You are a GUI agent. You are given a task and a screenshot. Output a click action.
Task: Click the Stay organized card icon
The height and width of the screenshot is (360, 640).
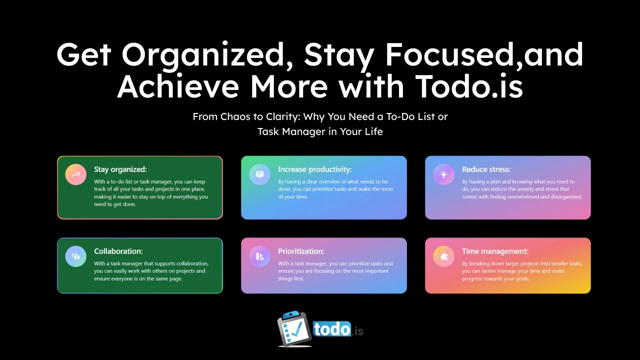(75, 174)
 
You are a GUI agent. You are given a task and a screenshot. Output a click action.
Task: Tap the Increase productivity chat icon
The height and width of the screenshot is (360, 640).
(259, 174)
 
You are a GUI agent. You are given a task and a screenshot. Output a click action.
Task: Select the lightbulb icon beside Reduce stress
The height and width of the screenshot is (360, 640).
(443, 174)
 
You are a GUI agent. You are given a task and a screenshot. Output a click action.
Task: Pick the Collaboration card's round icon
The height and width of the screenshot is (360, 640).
(75, 256)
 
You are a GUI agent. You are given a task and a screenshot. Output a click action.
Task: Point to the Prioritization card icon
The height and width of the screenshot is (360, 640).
(259, 256)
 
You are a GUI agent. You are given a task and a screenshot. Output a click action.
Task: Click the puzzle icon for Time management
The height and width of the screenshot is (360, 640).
(443, 256)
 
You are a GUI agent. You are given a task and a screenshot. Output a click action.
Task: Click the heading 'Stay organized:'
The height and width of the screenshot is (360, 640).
(120, 169)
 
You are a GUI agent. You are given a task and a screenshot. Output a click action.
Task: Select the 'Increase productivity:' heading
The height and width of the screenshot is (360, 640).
(315, 169)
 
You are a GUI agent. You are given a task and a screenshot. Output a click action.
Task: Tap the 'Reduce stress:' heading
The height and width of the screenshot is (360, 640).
(486, 169)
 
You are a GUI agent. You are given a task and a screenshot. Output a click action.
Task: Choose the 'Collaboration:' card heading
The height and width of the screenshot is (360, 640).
(118, 251)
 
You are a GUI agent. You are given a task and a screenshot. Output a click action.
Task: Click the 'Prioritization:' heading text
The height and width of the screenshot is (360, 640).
(301, 251)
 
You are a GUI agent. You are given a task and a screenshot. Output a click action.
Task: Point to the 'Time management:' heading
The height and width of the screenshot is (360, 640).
(495, 251)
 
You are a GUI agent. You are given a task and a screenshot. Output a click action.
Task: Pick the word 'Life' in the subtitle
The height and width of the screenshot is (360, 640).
(374, 131)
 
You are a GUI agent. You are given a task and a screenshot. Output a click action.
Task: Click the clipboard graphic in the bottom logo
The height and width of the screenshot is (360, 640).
(294, 328)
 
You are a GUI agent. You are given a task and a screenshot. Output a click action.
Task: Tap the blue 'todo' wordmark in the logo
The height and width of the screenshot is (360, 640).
(332, 329)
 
